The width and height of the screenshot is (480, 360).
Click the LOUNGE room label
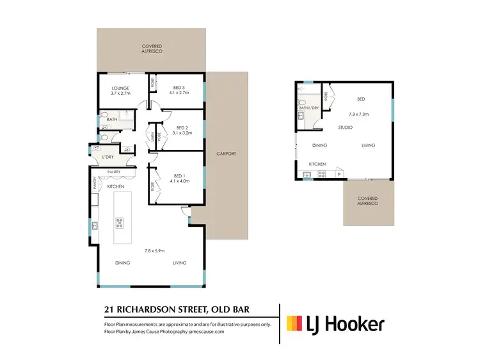click(120, 88)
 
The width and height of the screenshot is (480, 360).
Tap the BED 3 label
click(180, 88)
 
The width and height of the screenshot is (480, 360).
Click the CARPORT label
click(227, 154)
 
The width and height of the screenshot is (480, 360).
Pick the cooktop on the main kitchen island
click(119, 224)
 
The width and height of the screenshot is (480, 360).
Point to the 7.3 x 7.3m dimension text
click(359, 114)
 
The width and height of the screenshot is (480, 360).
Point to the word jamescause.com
click(202, 332)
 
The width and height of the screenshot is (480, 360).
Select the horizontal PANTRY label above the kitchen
click(115, 172)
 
